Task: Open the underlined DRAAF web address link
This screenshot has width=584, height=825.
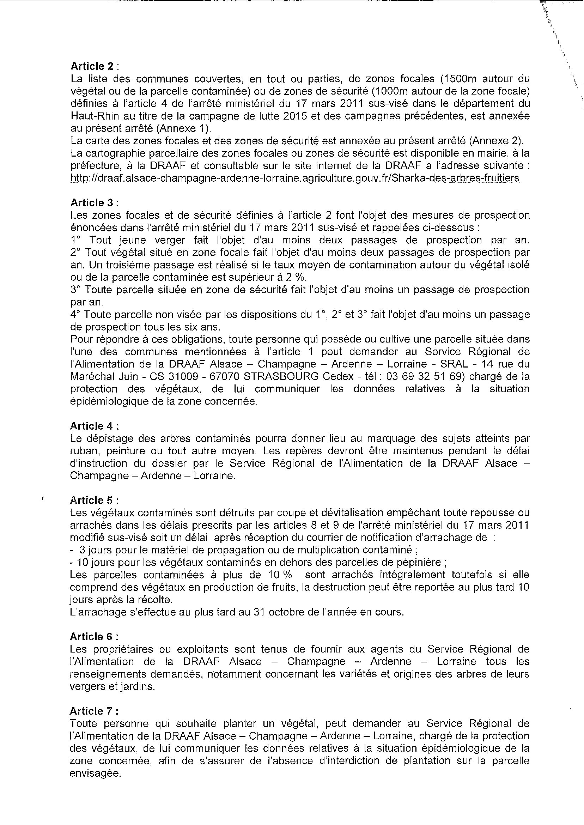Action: (x=295, y=178)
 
